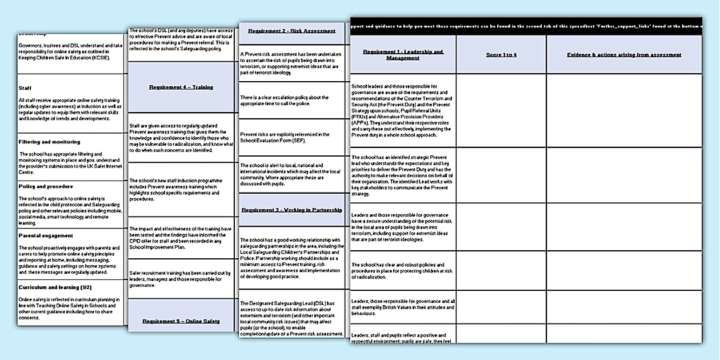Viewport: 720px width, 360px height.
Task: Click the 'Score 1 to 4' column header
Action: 501,55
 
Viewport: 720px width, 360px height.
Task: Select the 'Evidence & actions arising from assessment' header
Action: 624,55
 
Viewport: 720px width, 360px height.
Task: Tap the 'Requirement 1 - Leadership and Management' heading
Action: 403,55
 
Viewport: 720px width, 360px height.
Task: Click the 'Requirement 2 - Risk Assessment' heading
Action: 291,31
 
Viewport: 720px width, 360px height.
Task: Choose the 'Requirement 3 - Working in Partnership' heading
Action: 291,210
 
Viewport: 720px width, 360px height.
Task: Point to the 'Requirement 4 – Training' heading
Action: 181,87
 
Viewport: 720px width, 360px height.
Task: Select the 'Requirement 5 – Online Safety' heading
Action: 181,321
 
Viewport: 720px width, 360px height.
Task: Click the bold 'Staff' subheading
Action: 25,88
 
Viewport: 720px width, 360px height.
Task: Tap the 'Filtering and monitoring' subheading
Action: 49,142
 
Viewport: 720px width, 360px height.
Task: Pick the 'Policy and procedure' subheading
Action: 46,186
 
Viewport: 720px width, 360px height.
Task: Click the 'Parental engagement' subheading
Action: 46,235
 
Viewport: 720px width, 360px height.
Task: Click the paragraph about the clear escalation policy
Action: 285,101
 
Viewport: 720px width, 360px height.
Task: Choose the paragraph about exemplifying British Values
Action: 402,307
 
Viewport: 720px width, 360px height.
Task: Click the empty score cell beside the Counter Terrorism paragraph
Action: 501,110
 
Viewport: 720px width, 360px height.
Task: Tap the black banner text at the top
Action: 526,26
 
